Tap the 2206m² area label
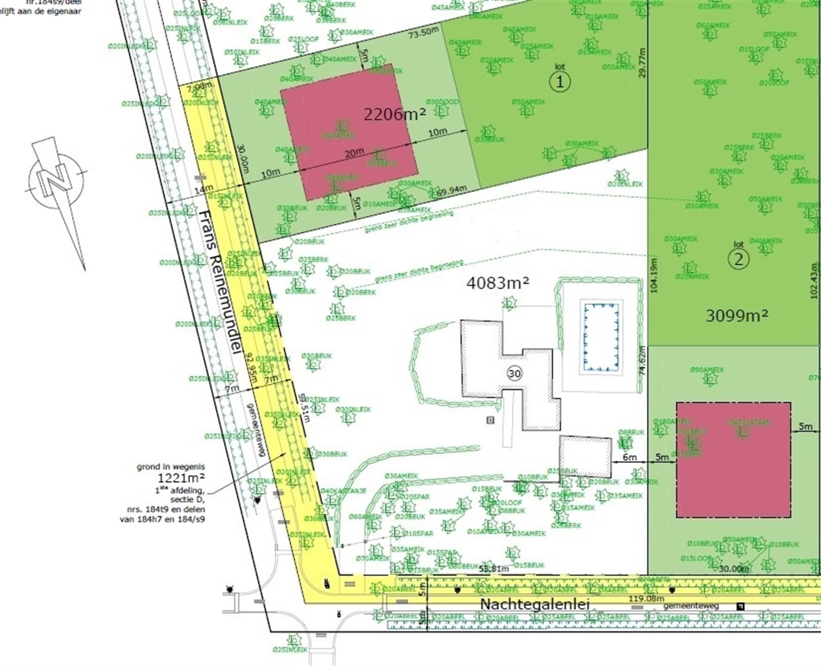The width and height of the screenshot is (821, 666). (x=394, y=114)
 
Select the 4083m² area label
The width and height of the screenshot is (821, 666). (x=497, y=283)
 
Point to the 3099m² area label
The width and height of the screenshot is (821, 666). (x=737, y=316)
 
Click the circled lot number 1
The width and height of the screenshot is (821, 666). (x=560, y=82)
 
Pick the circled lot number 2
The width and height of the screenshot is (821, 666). (x=738, y=259)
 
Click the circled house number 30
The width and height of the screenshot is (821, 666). (x=514, y=374)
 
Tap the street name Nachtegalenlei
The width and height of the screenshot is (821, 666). (x=535, y=604)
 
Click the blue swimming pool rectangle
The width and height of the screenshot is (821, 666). (x=602, y=337)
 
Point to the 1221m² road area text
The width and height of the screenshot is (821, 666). (x=181, y=478)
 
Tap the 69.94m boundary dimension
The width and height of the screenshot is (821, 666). (x=451, y=191)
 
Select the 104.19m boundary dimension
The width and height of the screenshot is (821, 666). (x=653, y=276)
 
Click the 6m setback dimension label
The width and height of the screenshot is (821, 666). (x=629, y=457)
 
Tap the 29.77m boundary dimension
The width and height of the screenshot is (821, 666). (x=642, y=63)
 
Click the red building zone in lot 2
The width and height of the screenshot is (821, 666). (x=733, y=460)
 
